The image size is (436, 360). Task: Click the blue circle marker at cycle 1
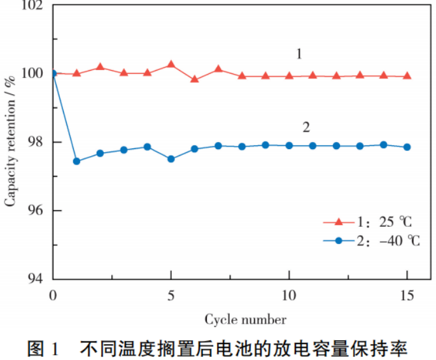tap(77, 161)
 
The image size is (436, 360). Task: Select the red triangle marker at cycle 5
tap(171, 64)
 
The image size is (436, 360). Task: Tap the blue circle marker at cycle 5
tap(171, 159)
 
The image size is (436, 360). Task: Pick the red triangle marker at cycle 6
tap(195, 80)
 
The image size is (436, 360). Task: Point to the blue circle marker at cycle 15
tap(407, 147)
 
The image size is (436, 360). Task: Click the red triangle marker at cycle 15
tap(407, 76)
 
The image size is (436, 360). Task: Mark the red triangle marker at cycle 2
tap(101, 67)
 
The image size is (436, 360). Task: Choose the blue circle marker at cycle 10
tap(289, 145)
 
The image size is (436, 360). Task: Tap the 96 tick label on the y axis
tap(36, 210)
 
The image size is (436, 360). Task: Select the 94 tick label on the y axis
tap(36, 279)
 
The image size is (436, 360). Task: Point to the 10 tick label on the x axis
tap(289, 295)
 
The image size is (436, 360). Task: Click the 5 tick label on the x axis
tap(171, 295)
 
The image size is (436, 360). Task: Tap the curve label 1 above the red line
tap(299, 54)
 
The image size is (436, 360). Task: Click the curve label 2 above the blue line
tap(306, 127)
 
